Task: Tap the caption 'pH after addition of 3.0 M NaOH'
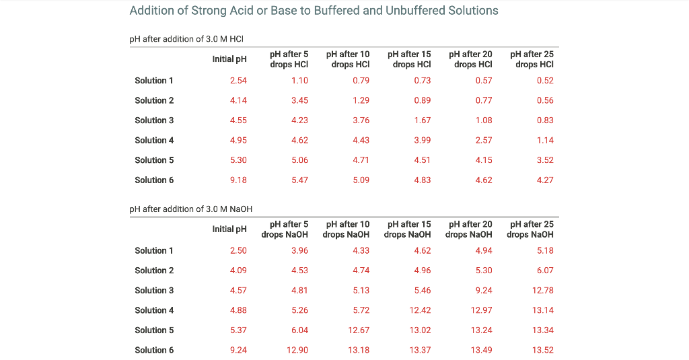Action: click(190, 209)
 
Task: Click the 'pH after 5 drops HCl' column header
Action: click(289, 59)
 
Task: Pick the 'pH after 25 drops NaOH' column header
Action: click(530, 229)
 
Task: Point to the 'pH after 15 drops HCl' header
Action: click(409, 59)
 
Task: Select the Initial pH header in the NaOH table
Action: click(229, 229)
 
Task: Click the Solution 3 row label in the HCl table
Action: click(154, 120)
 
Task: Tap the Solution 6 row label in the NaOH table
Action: click(154, 350)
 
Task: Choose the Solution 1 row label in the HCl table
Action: click(154, 81)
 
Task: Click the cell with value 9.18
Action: click(238, 180)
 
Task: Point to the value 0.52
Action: click(545, 81)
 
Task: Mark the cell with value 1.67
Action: click(423, 120)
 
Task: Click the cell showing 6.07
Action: click(545, 271)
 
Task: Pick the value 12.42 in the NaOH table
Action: click(420, 310)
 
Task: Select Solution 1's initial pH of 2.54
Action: click(238, 81)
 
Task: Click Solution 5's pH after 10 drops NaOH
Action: click(359, 330)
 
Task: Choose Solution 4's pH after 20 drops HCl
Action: click(484, 141)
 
